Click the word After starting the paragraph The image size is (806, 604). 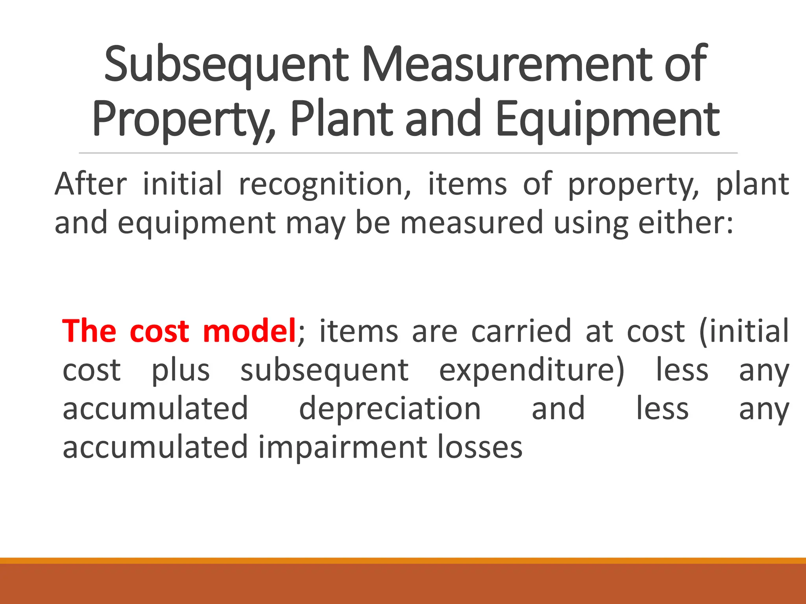click(91, 184)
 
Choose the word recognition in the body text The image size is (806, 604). click(325, 184)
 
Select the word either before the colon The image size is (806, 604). click(685, 223)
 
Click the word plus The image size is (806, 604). click(181, 370)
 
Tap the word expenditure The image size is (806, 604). click(532, 370)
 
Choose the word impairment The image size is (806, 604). click(342, 447)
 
